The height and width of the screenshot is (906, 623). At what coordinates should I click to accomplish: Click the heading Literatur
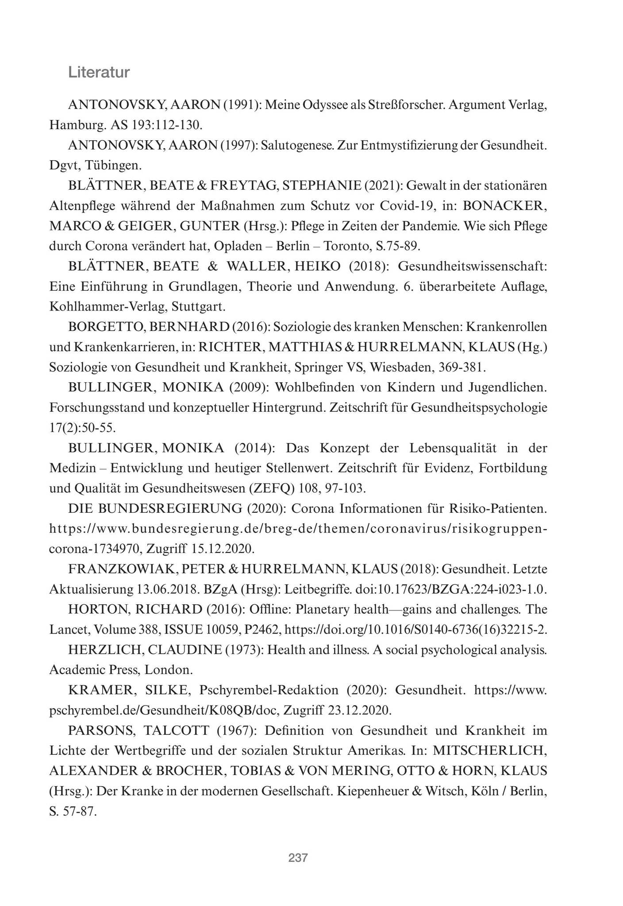tap(99, 72)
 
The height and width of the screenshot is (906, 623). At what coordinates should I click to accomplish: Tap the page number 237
tap(298, 858)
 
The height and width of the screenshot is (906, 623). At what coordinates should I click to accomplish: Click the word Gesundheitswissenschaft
tap(473, 266)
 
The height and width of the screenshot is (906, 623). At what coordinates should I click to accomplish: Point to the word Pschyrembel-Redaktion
tap(269, 690)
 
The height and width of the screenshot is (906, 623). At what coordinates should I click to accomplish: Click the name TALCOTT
tap(176, 731)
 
